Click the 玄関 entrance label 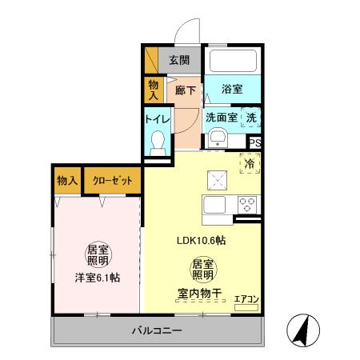click(x=179, y=59)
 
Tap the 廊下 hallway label click(x=186, y=90)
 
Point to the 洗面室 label click(x=221, y=117)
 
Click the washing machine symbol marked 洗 click(x=251, y=117)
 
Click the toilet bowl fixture click(x=158, y=143)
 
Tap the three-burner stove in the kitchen click(x=246, y=203)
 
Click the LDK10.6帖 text click(x=201, y=240)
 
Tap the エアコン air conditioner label click(x=246, y=299)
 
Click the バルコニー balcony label click(x=157, y=330)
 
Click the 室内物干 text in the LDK click(x=201, y=292)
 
